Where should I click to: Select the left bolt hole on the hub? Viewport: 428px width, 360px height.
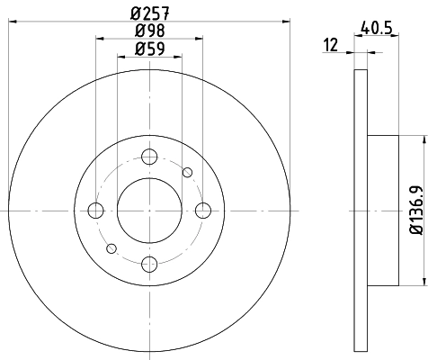coord(96,211)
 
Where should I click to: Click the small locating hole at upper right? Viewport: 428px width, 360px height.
coord(187,173)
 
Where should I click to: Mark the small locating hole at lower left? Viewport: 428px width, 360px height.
coord(111,247)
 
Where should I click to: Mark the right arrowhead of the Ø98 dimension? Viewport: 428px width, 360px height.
coord(199,40)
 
